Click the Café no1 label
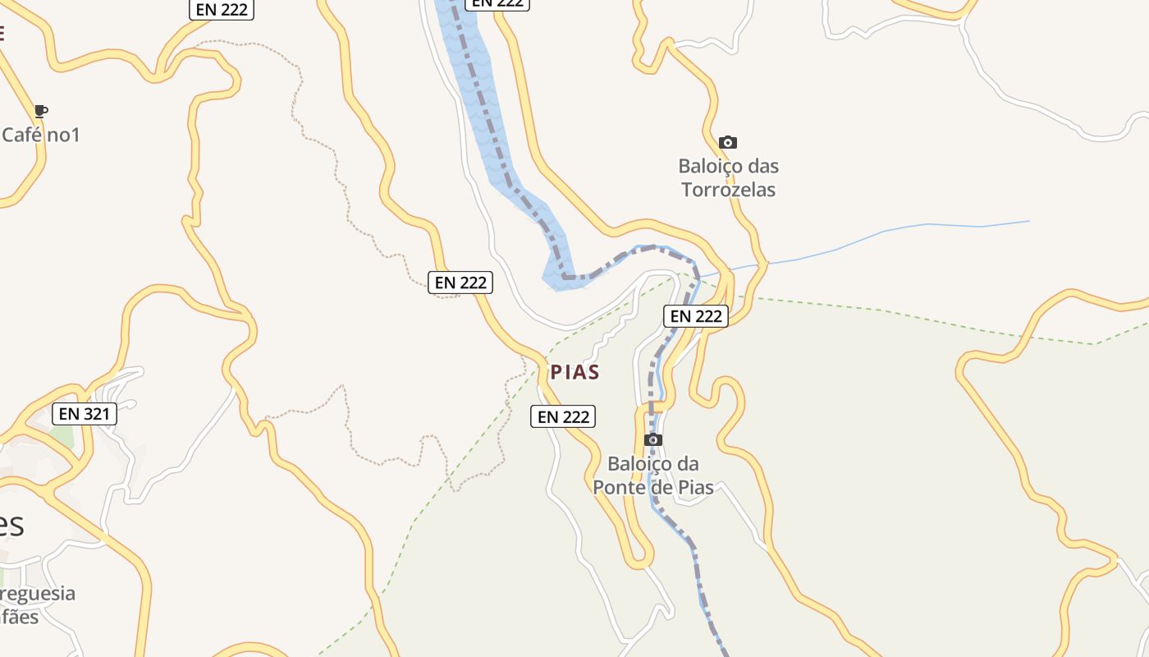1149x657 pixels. click(x=40, y=135)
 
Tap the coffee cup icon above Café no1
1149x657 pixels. click(x=41, y=111)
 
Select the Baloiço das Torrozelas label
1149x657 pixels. click(x=728, y=177)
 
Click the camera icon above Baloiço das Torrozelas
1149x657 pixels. click(x=727, y=143)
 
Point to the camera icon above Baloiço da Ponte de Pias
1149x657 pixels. click(x=653, y=440)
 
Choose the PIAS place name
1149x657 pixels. click(x=574, y=372)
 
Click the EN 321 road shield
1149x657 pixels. click(x=84, y=414)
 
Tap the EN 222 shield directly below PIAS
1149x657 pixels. click(x=563, y=416)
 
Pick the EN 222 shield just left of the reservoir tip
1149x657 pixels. click(x=461, y=283)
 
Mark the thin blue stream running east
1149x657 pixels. click(x=903, y=230)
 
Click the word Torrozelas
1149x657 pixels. click(x=728, y=190)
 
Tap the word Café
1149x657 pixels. click(x=22, y=135)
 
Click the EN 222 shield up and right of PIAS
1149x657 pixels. click(x=696, y=316)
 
